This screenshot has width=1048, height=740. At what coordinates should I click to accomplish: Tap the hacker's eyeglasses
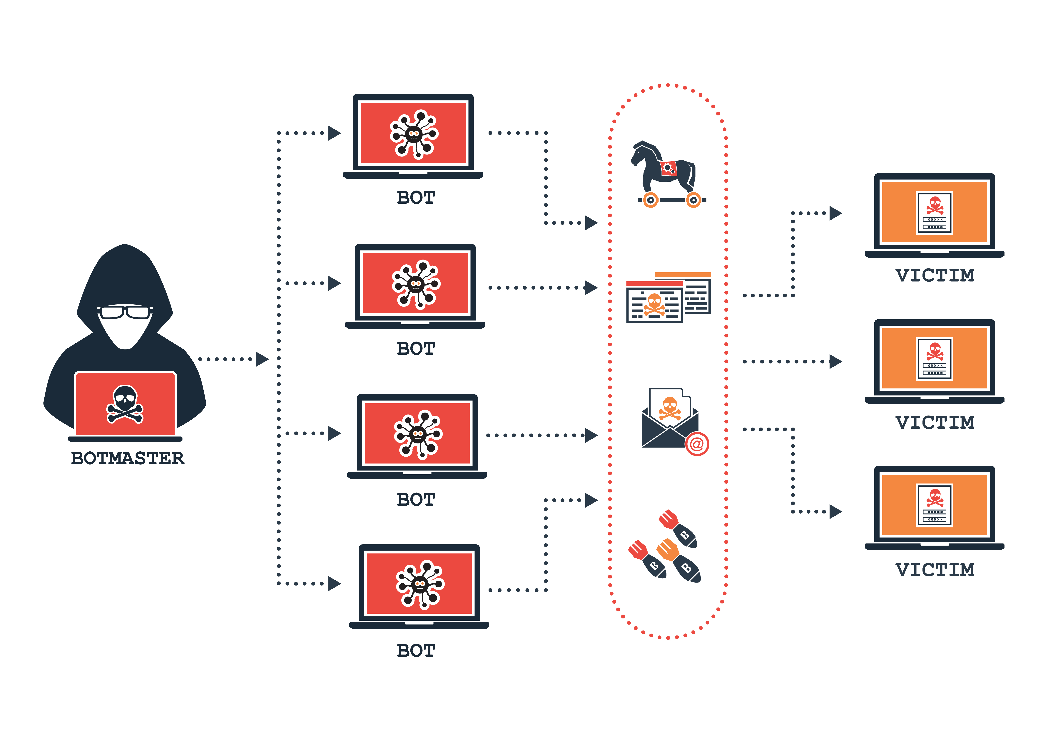(x=125, y=312)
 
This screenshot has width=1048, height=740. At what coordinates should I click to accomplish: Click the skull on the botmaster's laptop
(x=125, y=404)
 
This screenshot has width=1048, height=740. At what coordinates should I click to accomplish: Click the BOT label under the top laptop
(x=416, y=198)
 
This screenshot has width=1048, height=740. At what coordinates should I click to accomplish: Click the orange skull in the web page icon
(x=654, y=303)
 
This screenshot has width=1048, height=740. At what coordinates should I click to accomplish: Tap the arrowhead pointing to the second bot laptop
(x=335, y=283)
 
